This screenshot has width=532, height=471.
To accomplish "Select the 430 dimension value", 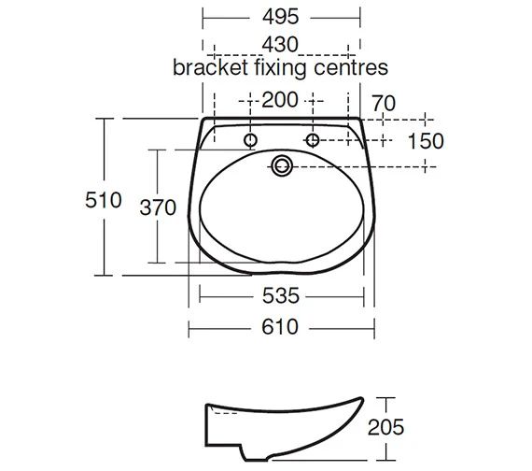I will coord(280,44).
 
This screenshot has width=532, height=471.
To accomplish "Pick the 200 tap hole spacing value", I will coord(280,99).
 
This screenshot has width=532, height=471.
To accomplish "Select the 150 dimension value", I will coord(425,141).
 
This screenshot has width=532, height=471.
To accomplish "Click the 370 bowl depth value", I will coord(158,207).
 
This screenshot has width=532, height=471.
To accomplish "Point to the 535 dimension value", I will coord(280,296).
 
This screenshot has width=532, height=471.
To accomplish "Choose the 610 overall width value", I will coord(280,326).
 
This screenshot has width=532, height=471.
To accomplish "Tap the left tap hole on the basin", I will coord(250,141).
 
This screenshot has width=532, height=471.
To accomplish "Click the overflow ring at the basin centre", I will coord(281,166).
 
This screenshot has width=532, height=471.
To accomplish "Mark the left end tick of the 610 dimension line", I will coord(189,326).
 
